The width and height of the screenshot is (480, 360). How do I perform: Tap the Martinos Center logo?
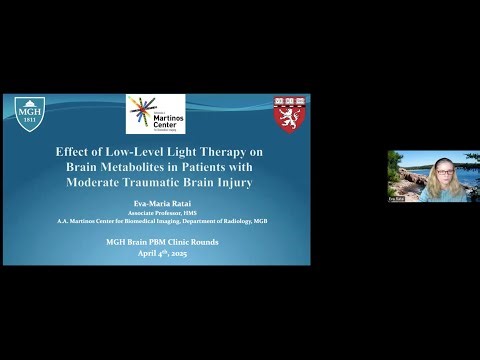(x=155, y=114)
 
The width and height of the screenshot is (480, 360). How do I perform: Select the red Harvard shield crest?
(x=290, y=114)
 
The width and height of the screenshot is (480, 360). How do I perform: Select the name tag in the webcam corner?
(x=396, y=199)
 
